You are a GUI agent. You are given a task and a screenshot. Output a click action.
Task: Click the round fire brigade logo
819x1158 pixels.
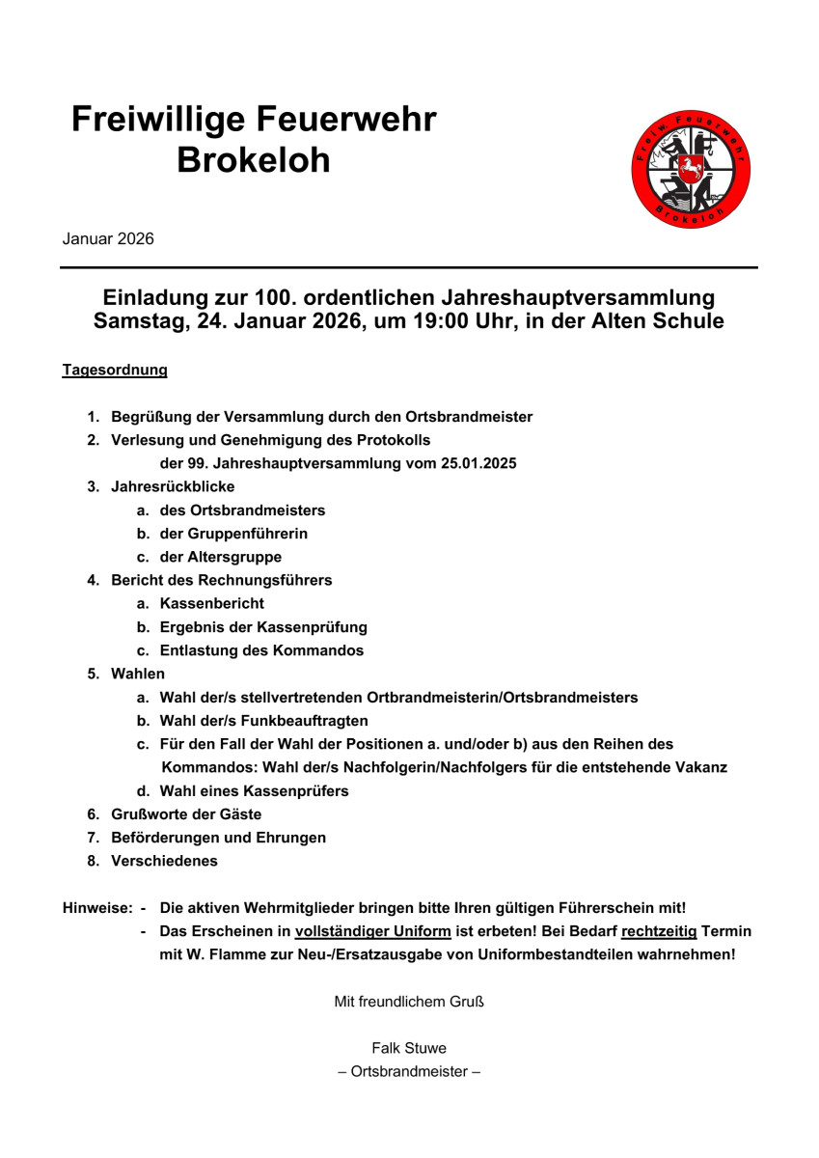point(691,170)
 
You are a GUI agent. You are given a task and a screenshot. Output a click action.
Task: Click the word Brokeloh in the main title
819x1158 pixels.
point(253,160)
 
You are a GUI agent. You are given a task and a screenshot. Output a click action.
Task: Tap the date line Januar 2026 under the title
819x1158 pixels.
point(108,239)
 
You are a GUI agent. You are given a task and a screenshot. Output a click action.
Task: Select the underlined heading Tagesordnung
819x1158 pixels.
point(115,370)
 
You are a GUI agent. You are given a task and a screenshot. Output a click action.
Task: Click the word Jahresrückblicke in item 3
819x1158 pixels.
point(173,486)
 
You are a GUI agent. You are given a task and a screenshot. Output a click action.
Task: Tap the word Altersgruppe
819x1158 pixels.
point(234,557)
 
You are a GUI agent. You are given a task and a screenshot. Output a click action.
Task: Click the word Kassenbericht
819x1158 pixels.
point(212,603)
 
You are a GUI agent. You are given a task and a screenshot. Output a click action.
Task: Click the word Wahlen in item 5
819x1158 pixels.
point(138,674)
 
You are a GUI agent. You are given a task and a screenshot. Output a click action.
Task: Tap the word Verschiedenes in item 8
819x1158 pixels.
point(164,861)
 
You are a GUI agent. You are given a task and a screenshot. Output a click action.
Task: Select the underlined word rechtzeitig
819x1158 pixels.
point(659,931)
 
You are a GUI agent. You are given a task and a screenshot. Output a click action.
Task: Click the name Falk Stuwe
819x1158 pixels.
point(409,1048)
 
